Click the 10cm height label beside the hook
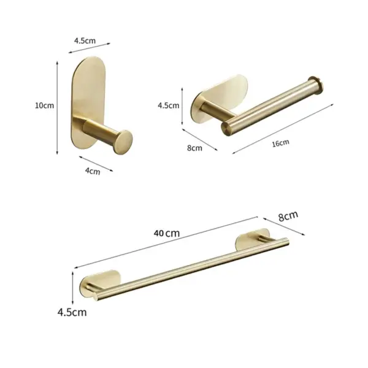[x=45, y=105]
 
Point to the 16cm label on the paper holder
[x=280, y=142]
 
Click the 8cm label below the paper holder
[x=194, y=148]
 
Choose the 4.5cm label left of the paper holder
[x=169, y=105]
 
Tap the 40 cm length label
[x=167, y=233]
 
